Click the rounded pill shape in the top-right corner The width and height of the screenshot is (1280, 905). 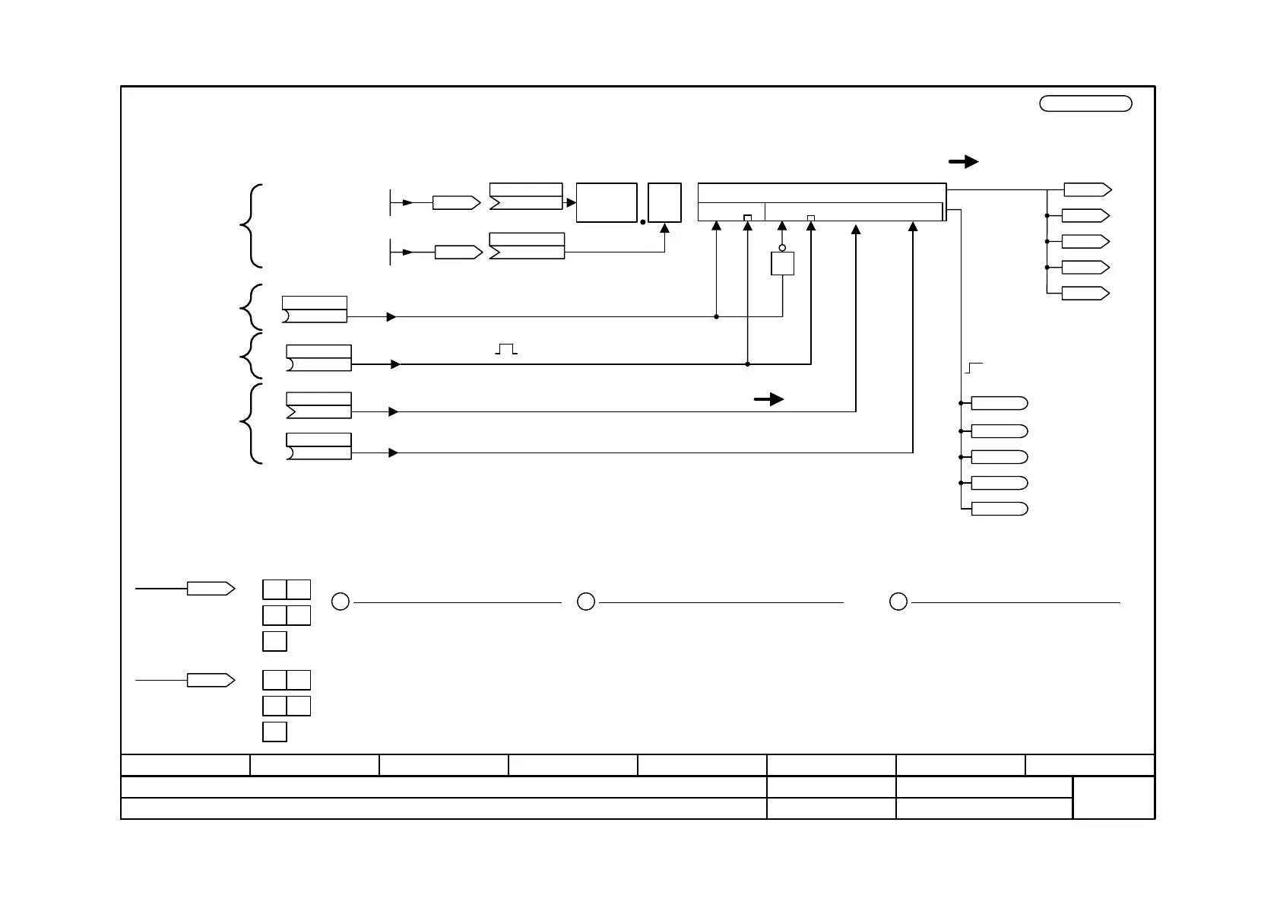pyautogui.click(x=1085, y=103)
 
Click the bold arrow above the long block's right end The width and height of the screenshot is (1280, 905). pyautogui.click(x=963, y=161)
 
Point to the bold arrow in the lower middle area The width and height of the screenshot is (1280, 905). pyautogui.click(x=768, y=399)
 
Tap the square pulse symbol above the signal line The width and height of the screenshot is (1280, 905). pyautogui.click(x=506, y=349)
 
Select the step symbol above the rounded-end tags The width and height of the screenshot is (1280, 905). pyautogui.click(x=974, y=369)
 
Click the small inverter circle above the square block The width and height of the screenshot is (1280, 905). pyautogui.click(x=782, y=248)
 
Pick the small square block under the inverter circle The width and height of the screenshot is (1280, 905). pyautogui.click(x=782, y=264)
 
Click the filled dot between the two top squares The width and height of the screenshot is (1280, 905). pyautogui.click(x=643, y=222)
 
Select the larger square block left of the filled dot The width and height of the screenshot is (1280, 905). pyautogui.click(x=607, y=202)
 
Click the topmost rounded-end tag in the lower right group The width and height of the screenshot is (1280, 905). pyautogui.click(x=1000, y=403)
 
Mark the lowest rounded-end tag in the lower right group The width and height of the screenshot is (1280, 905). pyautogui.click(x=1000, y=509)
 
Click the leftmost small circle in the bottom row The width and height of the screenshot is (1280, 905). pyautogui.click(x=341, y=602)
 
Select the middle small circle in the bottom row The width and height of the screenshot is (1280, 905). pyautogui.click(x=585, y=602)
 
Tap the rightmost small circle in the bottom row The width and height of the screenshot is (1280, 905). pyautogui.click(x=898, y=602)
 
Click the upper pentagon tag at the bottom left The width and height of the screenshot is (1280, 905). pyautogui.click(x=211, y=588)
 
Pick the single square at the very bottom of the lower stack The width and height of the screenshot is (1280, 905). pyautogui.click(x=274, y=732)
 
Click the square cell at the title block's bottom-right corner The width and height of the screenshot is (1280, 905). pyautogui.click(x=1114, y=797)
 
